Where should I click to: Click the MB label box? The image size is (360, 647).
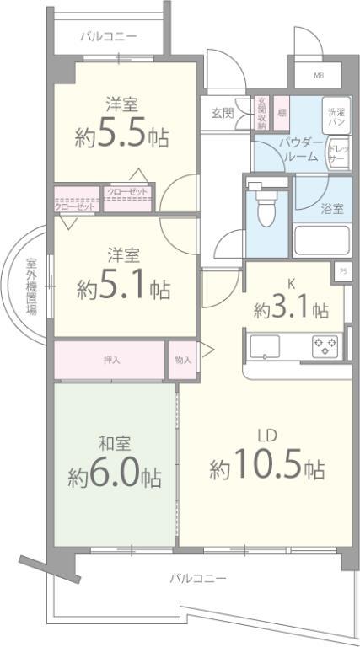coord(320,75)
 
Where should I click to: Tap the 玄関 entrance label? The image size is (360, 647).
coord(222,112)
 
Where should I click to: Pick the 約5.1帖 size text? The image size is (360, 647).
coord(122,289)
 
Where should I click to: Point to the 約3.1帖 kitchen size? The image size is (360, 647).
coord(291,310)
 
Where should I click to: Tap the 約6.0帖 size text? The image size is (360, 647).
coord(115,477)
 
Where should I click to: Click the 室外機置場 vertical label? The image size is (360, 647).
coord(31,286)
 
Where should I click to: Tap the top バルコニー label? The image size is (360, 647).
coord(109,37)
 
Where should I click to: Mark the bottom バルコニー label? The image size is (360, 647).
coord(197,579)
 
